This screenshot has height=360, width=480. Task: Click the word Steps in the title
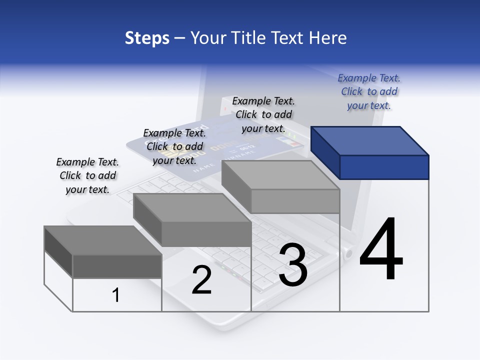(x=147, y=38)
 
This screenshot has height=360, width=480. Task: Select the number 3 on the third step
(x=293, y=265)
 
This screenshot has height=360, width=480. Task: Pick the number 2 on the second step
(x=201, y=280)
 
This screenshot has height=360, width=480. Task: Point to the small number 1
(x=116, y=295)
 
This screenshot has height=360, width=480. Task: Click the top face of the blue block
(x=370, y=140)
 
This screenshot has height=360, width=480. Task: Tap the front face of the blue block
(x=384, y=167)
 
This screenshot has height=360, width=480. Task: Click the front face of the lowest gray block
(x=117, y=266)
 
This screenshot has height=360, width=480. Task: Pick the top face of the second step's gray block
(x=192, y=207)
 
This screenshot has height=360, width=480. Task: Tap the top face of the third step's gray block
(x=280, y=175)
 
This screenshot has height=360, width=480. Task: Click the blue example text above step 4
(x=369, y=91)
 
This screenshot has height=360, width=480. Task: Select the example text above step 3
(x=263, y=114)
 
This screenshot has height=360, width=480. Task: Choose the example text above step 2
(x=174, y=146)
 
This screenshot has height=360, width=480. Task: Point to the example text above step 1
(x=87, y=175)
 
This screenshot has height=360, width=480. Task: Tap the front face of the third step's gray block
(x=295, y=201)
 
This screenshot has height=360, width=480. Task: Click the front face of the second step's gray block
(x=206, y=234)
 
